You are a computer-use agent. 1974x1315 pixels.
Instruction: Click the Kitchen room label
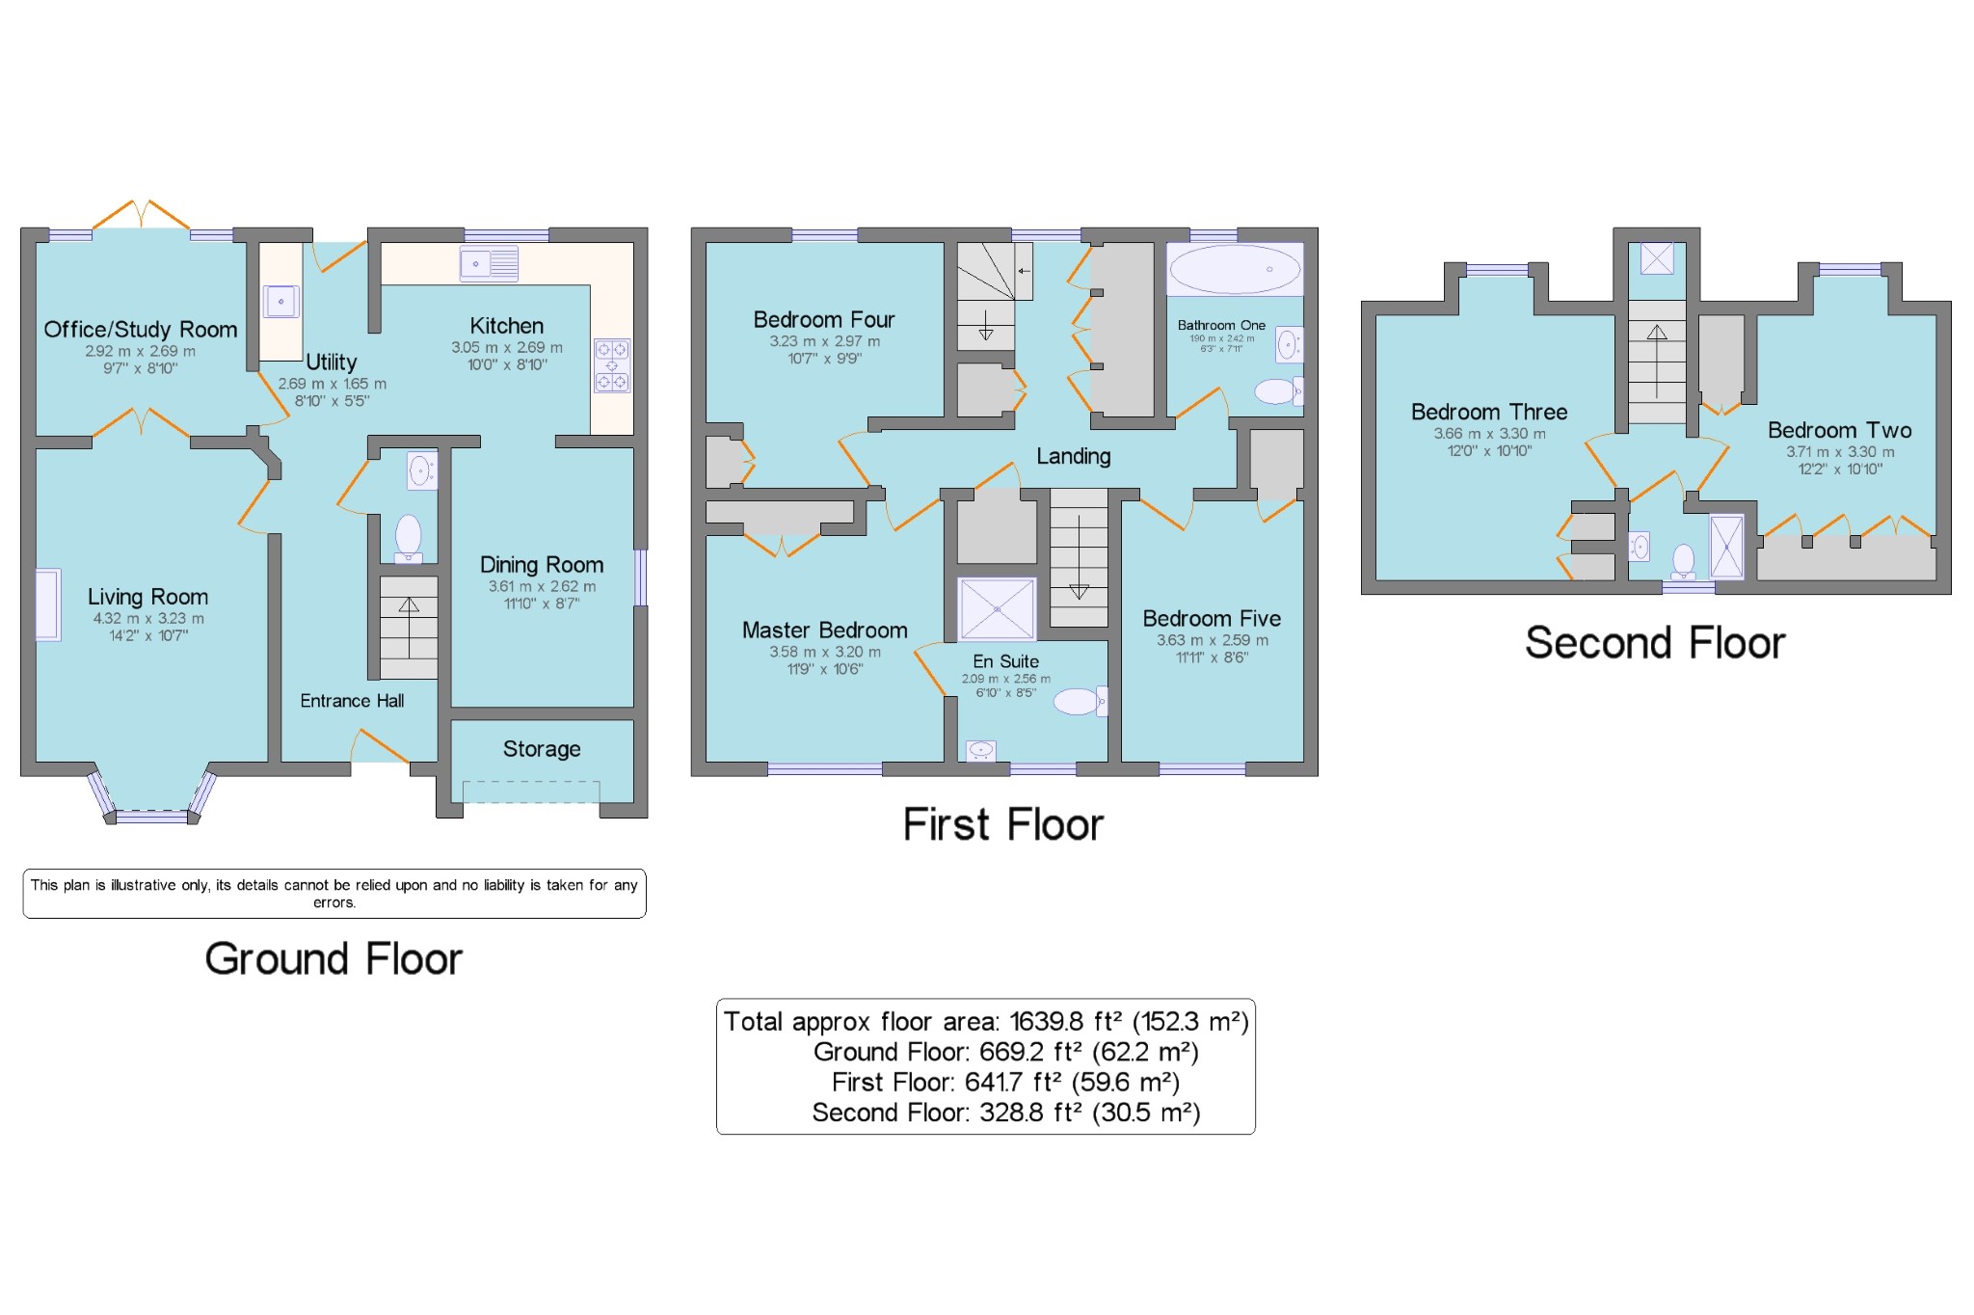tap(507, 326)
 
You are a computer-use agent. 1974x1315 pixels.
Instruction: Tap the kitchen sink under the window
tap(489, 263)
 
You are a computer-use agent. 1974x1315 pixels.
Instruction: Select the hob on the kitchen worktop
tap(612, 365)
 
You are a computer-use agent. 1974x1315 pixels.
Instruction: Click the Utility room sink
tap(281, 302)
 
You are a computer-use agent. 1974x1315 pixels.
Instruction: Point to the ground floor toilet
tap(409, 538)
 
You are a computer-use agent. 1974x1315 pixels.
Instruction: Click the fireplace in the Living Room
tap(48, 604)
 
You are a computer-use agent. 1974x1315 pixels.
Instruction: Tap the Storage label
tap(542, 749)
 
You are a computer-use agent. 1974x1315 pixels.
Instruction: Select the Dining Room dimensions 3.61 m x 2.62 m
tap(542, 586)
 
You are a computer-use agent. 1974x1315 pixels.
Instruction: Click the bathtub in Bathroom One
tap(1235, 269)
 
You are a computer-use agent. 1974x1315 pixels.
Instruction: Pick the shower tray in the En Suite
tap(997, 609)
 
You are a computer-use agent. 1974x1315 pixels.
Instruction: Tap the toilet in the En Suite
tap(1080, 701)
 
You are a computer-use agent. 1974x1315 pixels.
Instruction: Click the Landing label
tap(1074, 456)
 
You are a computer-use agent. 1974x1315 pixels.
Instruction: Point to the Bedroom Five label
tap(1212, 619)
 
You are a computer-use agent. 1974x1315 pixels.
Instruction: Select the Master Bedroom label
tap(825, 631)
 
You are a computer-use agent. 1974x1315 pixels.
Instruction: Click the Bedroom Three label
tap(1489, 412)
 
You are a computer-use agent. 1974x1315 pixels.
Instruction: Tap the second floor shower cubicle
tap(1726, 547)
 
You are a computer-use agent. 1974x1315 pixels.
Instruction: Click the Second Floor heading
tap(1655, 643)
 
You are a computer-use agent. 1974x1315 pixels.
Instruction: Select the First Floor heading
tap(1003, 824)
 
